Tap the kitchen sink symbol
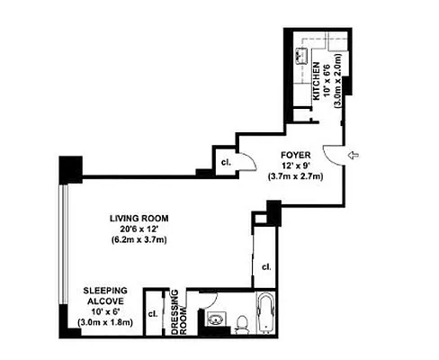tap(301, 55)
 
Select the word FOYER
tap(295, 154)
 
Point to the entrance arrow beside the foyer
tap(354, 157)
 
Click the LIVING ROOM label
tap(139, 218)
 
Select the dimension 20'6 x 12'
tap(139, 229)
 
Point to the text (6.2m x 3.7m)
tap(139, 240)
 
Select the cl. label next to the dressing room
tap(154, 314)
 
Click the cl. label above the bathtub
tap(266, 267)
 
